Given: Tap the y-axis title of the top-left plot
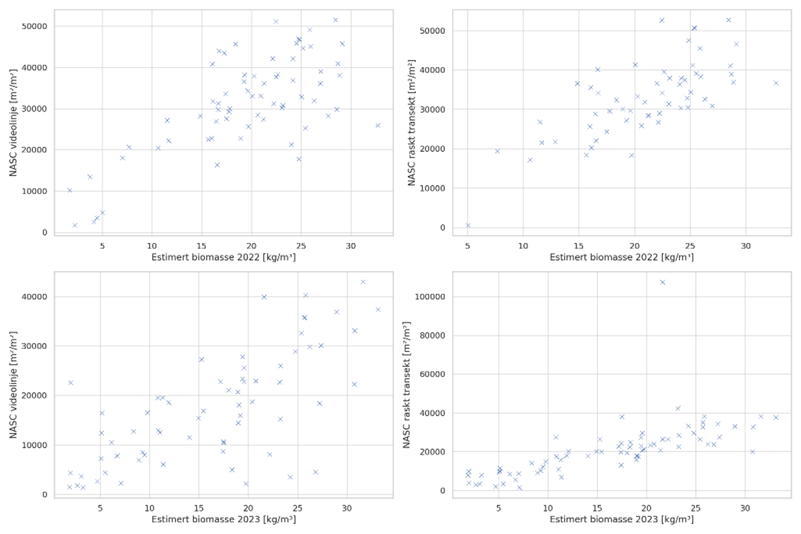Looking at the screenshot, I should point(13,123).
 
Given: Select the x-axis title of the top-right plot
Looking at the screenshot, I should point(622,257).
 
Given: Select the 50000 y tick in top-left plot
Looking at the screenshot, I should point(34,27).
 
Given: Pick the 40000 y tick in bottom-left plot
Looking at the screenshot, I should point(34,297).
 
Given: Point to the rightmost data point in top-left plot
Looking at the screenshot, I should point(378,125).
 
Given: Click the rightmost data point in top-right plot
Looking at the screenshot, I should point(776,83).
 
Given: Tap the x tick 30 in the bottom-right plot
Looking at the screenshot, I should point(745,508).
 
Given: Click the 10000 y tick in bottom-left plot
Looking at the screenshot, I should point(34,445).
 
